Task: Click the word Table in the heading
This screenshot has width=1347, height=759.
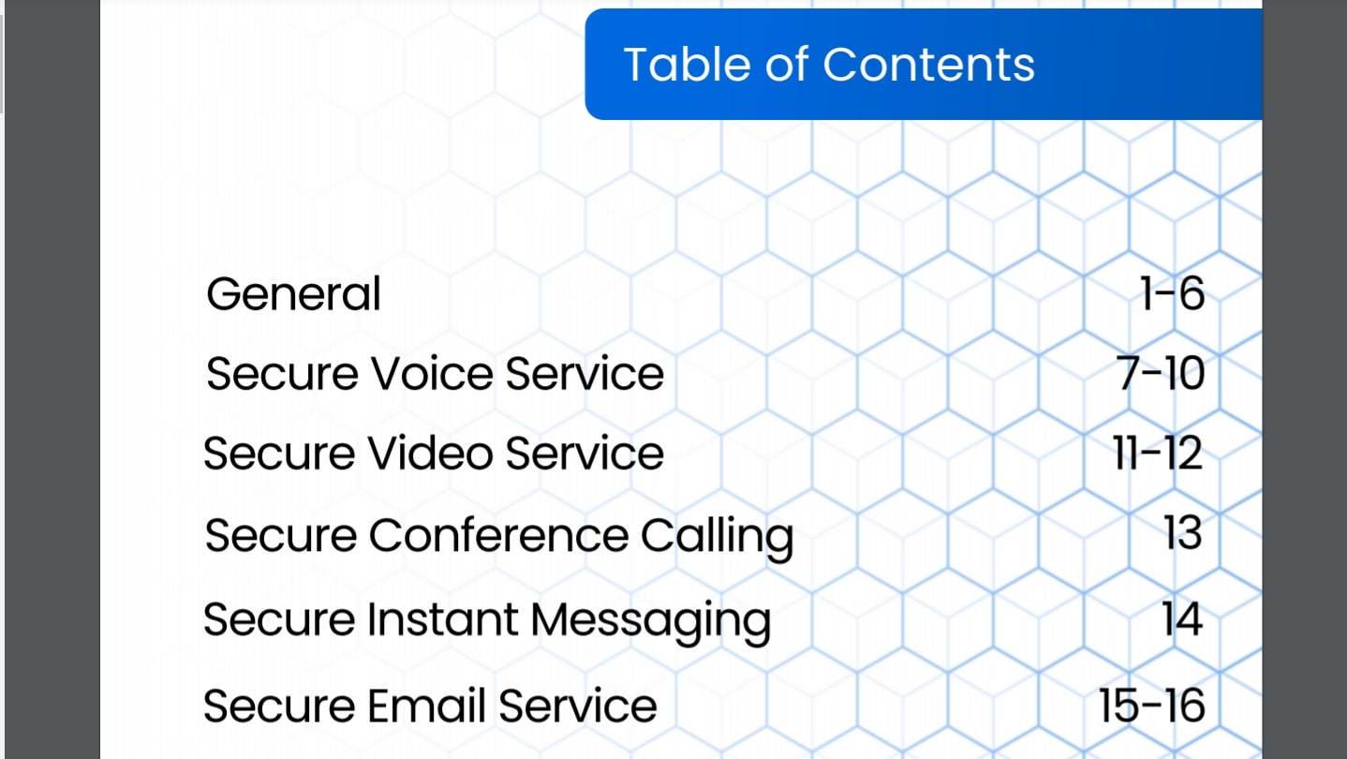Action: (x=688, y=64)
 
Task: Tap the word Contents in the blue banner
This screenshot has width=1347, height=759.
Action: (x=928, y=64)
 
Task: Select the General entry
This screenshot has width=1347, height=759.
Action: (x=293, y=293)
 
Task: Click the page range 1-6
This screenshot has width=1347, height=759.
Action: (x=1173, y=293)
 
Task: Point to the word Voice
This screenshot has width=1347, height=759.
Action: (x=431, y=374)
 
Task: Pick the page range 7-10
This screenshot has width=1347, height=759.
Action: (x=1161, y=374)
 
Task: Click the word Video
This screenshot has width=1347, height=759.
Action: (x=431, y=453)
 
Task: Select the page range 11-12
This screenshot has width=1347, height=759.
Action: (x=1158, y=453)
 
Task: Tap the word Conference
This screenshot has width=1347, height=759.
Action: (x=499, y=535)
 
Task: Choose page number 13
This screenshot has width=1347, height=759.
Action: (x=1183, y=533)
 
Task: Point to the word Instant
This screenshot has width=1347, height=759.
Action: (x=442, y=618)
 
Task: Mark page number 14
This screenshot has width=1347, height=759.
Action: (x=1182, y=618)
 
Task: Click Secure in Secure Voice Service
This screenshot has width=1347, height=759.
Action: (x=282, y=374)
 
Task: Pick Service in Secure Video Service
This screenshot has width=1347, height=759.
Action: (x=585, y=453)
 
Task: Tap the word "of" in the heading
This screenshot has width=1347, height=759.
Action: (x=787, y=64)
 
